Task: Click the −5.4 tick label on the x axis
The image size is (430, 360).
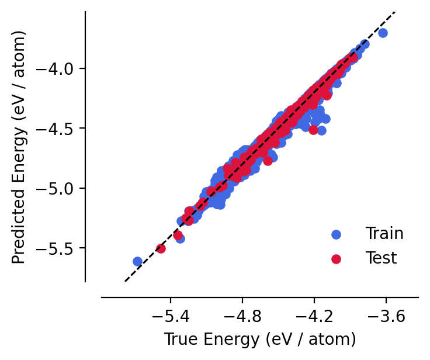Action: tap(170, 317)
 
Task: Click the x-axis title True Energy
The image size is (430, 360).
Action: tap(260, 340)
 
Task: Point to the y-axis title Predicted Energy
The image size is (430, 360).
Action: tap(19, 146)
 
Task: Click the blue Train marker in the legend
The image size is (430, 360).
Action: tap(336, 234)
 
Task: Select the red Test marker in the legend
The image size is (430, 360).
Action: tap(336, 258)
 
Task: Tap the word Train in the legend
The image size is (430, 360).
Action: tap(384, 234)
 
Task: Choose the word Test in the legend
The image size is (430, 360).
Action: tap(381, 258)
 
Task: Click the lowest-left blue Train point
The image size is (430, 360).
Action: tap(137, 261)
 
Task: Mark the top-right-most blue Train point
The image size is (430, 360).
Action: tap(383, 33)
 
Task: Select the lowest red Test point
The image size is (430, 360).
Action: tap(161, 248)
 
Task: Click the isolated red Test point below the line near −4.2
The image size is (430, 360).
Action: tap(313, 130)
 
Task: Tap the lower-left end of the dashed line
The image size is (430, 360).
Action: tap(125, 281)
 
